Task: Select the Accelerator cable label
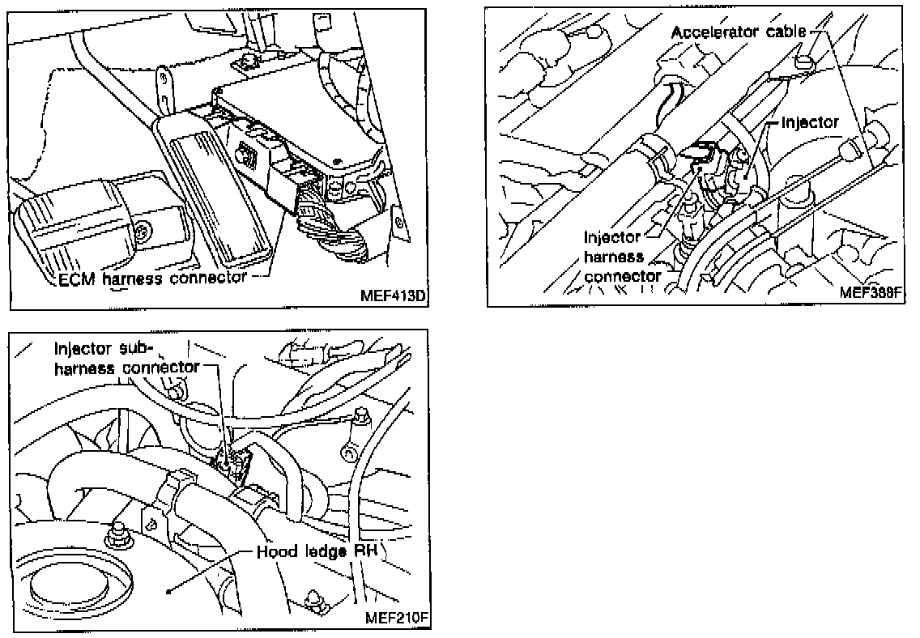[x=739, y=32]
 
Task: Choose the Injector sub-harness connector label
[x=126, y=357]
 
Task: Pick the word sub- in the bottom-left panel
[x=134, y=349]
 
